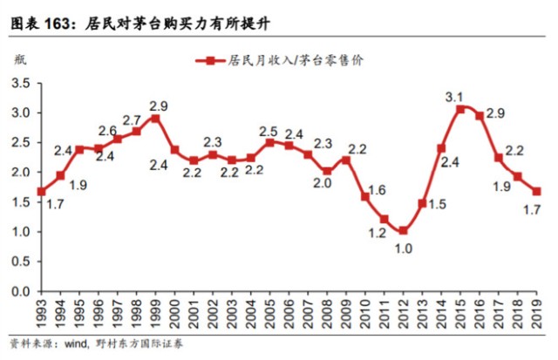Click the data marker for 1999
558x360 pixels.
click(155, 118)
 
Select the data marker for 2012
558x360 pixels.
click(403, 231)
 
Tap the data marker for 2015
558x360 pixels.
click(460, 109)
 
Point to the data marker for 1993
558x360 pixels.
click(41, 191)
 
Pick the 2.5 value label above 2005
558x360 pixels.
click(269, 132)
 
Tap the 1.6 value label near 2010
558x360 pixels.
click(378, 190)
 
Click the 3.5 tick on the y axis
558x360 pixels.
click(20, 83)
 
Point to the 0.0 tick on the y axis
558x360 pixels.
click(20, 291)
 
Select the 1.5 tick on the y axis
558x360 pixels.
click(20, 202)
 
